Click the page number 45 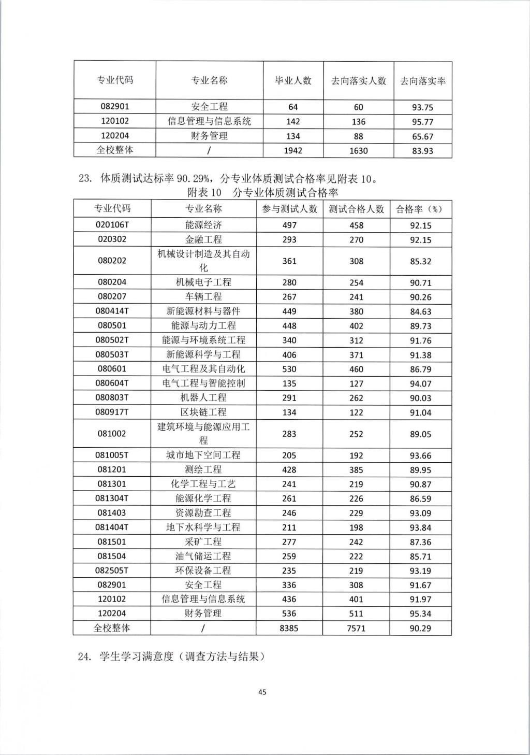[x=262, y=692]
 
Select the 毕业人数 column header [x=293, y=80]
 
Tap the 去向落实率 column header [x=423, y=81]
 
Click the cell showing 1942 [x=293, y=151]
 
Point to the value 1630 [x=358, y=151]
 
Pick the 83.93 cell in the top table [x=422, y=151]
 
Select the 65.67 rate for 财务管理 [x=422, y=137]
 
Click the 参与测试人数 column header [x=289, y=209]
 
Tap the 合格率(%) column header [x=420, y=209]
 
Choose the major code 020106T [x=112, y=225]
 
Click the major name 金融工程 [x=203, y=239]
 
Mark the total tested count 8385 [x=289, y=628]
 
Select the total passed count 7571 [x=356, y=628]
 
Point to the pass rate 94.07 [x=420, y=384]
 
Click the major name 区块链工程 [x=203, y=412]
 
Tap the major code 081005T [x=112, y=455]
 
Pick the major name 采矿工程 [x=203, y=542]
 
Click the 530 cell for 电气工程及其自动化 [x=289, y=369]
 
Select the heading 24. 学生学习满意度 [x=171, y=657]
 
